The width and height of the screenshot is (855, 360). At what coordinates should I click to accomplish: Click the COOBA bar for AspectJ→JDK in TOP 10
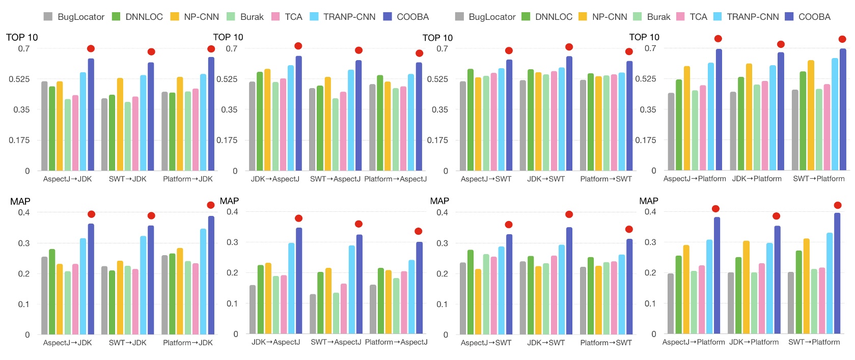[91, 115]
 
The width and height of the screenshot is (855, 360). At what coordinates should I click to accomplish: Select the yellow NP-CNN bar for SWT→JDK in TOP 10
[120, 124]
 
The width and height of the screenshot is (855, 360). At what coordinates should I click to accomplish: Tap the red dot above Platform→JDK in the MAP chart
[211, 205]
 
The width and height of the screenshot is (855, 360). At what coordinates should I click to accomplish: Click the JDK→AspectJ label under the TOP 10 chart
[275, 179]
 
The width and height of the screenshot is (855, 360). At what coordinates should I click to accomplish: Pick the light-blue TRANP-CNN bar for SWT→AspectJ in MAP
[352, 290]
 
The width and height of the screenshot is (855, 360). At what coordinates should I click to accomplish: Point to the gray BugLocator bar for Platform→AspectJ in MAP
[373, 309]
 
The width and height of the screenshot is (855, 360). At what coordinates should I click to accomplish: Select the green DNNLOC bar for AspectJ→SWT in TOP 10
[471, 120]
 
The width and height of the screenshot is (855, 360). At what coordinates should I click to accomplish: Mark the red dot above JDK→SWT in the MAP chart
[569, 214]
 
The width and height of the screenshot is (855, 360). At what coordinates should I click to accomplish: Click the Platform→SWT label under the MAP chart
[606, 343]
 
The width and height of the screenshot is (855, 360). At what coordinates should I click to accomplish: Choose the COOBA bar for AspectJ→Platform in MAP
[717, 275]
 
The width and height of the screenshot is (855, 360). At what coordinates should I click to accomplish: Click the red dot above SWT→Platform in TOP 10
[842, 39]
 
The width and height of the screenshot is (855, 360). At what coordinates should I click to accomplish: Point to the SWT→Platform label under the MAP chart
[814, 342]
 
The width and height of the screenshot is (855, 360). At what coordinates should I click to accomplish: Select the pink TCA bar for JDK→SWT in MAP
[554, 295]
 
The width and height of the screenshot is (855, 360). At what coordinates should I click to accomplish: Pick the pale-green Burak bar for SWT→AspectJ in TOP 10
[336, 134]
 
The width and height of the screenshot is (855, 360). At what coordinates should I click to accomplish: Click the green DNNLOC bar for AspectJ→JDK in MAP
[52, 292]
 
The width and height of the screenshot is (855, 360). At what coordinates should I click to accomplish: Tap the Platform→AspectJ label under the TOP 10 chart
[396, 179]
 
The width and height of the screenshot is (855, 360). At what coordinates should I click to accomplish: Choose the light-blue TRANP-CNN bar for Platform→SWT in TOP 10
[622, 122]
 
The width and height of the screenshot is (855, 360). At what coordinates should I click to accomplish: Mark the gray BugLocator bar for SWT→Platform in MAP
[791, 303]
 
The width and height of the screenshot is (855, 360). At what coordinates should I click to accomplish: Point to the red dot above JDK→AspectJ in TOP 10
[298, 46]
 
